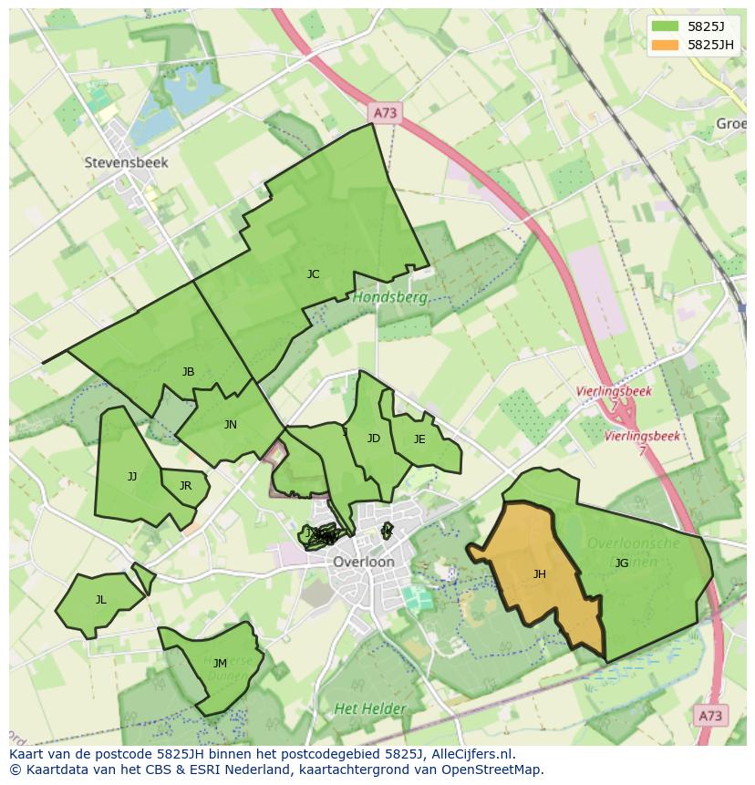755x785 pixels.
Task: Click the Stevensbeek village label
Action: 127,162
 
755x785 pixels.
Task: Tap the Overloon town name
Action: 364,562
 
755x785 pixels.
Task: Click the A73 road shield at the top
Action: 386,112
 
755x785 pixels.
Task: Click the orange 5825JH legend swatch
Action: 665,45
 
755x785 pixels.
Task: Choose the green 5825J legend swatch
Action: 665,26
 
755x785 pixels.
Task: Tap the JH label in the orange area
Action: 540,574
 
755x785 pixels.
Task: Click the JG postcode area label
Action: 621,563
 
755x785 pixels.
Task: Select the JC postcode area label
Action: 313,274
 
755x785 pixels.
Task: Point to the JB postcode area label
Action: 188,371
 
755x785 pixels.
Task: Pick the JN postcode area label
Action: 231,424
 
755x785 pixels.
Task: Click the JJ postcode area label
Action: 132,476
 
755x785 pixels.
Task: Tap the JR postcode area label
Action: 185,485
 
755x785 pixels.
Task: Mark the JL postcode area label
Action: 100,599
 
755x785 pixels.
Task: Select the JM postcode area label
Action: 220,663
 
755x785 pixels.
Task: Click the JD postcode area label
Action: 373,439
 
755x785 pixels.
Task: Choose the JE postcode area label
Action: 419,439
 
